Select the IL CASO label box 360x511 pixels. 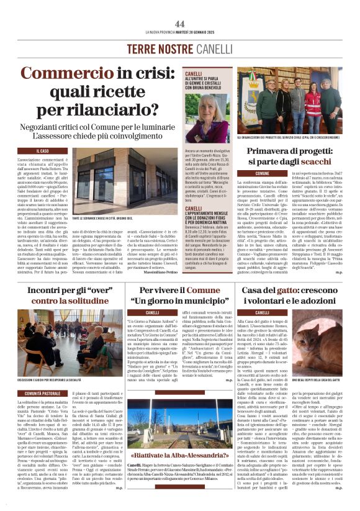point(44,151)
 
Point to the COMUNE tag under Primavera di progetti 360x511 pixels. point(263,173)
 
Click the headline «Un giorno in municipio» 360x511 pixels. point(170,301)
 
